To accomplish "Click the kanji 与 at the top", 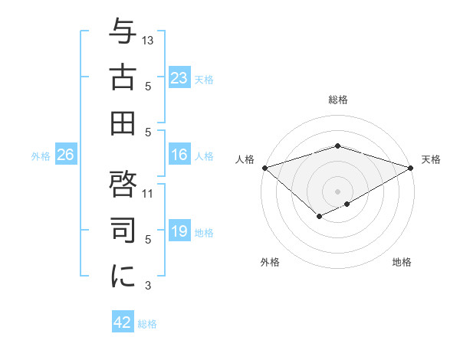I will point(123,33).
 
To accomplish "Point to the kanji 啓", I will point(123,183).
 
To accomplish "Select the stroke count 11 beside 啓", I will point(148,193).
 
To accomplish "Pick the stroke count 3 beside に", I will point(148,286).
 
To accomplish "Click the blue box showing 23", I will point(179,78).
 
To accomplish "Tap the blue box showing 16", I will point(179,155).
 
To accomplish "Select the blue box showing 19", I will point(179,232).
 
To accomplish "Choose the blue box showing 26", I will point(65,155).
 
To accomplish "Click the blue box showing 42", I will point(123,322).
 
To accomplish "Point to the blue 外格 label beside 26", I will point(41,156).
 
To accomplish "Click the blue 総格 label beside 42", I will point(147,324).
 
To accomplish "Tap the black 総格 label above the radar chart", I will point(337,100).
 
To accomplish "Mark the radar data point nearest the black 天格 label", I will point(411,168).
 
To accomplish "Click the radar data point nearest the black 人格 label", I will point(264,168).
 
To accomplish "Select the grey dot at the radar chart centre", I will point(337,190).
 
